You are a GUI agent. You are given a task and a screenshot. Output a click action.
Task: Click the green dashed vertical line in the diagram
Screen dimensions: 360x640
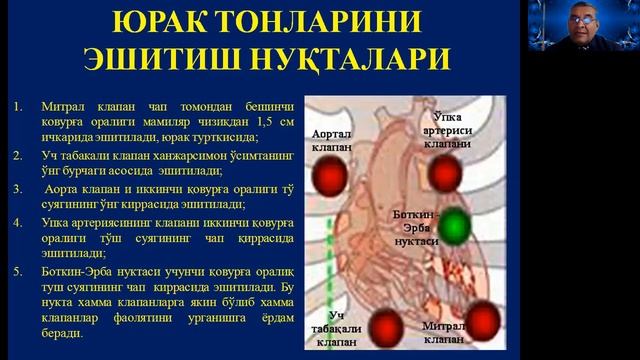329,270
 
